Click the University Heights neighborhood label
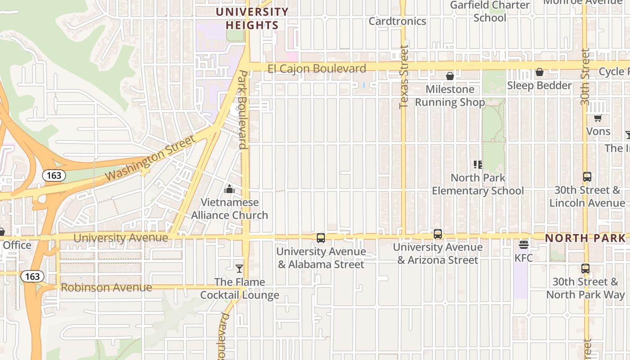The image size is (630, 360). coord(252,18)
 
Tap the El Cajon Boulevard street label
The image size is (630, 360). coord(316,68)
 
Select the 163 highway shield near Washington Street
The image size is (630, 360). coord(54,175)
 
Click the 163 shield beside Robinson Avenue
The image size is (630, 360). coord(32,276)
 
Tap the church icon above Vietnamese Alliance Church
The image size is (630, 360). coord(229,189)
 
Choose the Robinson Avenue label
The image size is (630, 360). coord(106,288)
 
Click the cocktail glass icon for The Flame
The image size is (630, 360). coord(239,269)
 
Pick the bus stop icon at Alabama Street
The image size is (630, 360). coord(321,238)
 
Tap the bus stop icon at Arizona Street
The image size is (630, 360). coord(438,234)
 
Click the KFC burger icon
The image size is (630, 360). coord(523,245)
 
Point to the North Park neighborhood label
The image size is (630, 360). coord(585,238)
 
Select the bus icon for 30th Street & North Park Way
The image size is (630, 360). coord(585,269)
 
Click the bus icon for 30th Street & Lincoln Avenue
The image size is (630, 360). coord(587,177)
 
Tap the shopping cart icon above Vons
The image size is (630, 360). coord(598,118)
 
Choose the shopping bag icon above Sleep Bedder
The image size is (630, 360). coord(539,72)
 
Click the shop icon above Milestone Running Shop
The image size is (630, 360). coord(450,76)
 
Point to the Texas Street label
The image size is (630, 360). coord(403,76)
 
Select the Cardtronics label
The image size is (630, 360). coord(397,21)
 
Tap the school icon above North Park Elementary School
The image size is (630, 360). coord(478,165)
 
